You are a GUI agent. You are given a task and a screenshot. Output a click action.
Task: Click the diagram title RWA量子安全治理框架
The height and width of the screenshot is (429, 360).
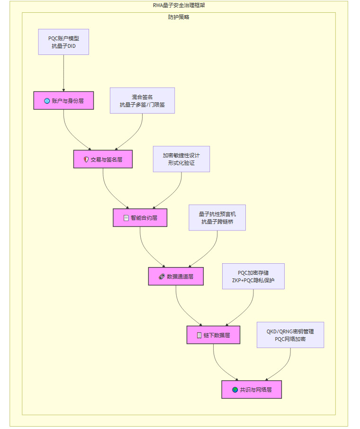click(x=179, y=5)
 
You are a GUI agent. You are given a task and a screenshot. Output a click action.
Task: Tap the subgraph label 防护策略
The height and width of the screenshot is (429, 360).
click(x=179, y=17)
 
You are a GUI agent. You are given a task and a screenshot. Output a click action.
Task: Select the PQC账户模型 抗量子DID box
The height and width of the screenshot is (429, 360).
click(x=63, y=42)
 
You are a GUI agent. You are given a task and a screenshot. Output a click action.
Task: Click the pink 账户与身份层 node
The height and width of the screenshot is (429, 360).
click(x=63, y=100)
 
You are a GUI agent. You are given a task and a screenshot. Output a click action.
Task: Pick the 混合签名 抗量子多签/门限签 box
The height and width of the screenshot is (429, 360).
click(x=142, y=100)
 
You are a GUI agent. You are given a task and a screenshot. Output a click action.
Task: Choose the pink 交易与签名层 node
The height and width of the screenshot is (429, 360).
click(x=103, y=159)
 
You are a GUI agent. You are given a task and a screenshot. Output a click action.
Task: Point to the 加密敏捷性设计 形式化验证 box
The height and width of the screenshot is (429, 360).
click(x=181, y=159)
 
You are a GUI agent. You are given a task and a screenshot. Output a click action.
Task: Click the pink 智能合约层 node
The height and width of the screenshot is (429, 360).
click(x=140, y=218)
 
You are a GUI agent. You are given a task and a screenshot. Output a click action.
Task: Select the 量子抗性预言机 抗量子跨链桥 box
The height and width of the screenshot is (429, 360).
click(x=217, y=217)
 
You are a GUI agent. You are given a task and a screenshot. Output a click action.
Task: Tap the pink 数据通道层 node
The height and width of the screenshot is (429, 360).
click(x=176, y=277)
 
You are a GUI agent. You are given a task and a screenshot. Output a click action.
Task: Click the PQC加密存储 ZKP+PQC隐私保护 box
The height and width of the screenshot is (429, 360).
click(x=253, y=276)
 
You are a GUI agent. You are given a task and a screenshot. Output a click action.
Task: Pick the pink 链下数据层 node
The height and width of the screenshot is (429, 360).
click(x=213, y=335)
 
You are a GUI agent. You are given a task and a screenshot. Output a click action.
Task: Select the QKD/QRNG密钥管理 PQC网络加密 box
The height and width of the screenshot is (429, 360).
click(x=290, y=335)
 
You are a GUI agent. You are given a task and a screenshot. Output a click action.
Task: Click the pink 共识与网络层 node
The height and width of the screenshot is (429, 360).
click(x=252, y=390)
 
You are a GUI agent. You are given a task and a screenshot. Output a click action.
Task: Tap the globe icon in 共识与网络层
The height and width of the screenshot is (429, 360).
click(x=235, y=390)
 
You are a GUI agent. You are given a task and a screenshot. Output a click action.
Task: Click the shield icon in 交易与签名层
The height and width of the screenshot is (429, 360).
click(x=86, y=160)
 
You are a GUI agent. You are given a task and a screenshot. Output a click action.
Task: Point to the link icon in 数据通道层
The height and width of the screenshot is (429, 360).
click(x=162, y=277)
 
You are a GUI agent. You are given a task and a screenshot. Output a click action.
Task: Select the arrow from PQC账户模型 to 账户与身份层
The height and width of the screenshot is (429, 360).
click(x=63, y=73)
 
